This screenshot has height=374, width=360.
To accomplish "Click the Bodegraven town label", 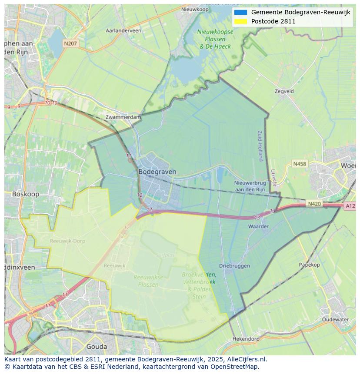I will tap(157, 172).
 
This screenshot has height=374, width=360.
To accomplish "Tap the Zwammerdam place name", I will tap(123, 117).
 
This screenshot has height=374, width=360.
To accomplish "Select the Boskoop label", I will tap(26, 194).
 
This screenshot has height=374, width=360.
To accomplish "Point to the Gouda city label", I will tap(97, 347).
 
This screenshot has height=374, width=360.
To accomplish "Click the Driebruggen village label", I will tap(234, 265).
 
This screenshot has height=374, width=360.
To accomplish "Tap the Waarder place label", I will tap(258, 226).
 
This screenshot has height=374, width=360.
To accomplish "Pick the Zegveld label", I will tap(284, 91).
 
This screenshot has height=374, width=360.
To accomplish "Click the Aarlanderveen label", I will tap(123, 30).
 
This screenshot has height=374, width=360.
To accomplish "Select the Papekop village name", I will tap(309, 265).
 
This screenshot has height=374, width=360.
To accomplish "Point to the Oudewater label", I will tap(335, 319).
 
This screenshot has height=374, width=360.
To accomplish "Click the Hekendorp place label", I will tap(246, 338).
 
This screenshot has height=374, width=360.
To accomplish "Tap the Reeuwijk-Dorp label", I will tap(67, 241).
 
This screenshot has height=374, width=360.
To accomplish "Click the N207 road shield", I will tap(70, 43).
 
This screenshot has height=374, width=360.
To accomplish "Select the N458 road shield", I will tap(299, 164).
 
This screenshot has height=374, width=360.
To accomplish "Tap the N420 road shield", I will tap(314, 203).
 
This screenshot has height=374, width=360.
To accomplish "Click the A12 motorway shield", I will tap(350, 206).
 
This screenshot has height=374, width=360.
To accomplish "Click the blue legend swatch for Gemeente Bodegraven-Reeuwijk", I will tap(240, 12).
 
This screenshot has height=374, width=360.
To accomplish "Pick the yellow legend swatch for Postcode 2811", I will tap(240, 21).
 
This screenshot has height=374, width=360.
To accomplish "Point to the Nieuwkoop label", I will tap(195, 9).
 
